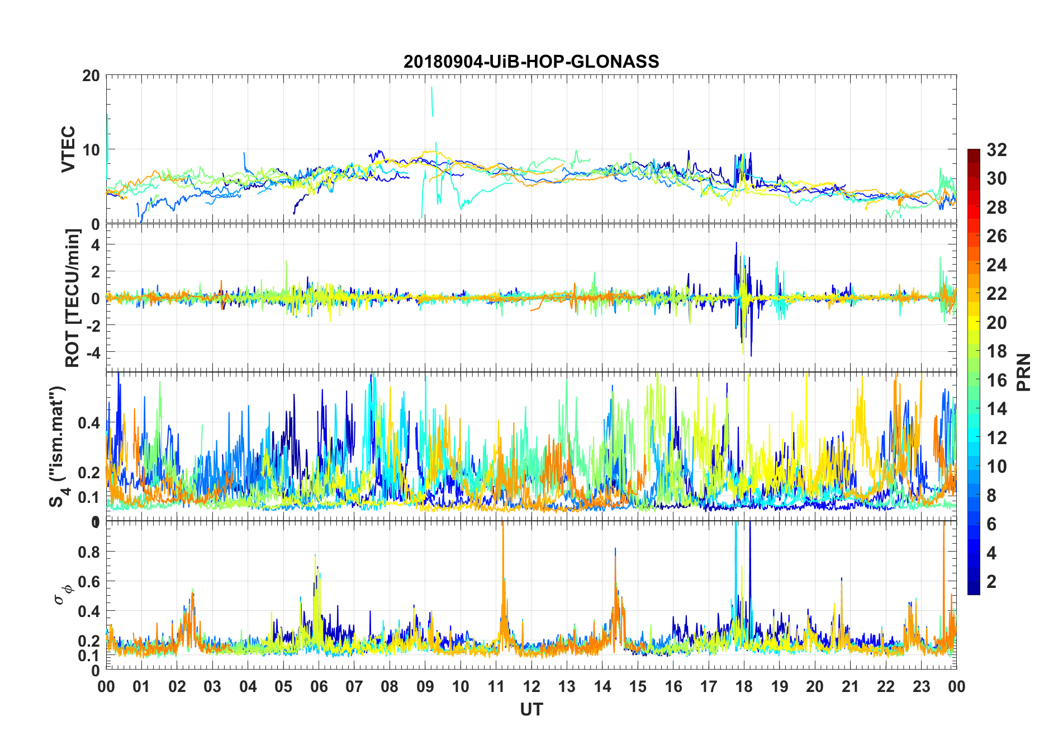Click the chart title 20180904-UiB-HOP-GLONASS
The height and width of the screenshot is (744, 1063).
tap(531, 62)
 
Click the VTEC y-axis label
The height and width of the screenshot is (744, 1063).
tap(68, 149)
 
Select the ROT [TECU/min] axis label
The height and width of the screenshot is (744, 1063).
tap(73, 298)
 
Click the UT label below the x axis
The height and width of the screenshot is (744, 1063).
tap(531, 709)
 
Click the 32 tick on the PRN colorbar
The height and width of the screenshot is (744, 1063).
tap(996, 150)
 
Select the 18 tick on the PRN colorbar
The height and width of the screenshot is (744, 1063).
tap(996, 351)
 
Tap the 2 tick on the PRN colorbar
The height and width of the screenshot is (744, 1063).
tap(991, 582)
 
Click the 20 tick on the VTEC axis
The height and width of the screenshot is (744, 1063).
tap(91, 76)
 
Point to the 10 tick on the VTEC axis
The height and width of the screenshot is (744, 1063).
tap(91, 150)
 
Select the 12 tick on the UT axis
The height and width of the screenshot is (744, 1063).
tap(531, 686)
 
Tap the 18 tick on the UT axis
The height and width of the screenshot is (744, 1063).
tap(744, 686)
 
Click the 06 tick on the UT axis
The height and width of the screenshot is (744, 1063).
tap(319, 686)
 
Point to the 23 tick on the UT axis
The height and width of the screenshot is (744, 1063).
tap(921, 686)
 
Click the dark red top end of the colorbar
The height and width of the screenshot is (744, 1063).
tap(974, 152)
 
